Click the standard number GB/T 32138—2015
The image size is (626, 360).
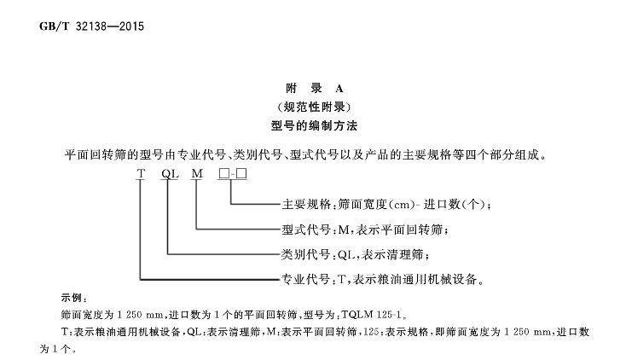[x=91, y=26]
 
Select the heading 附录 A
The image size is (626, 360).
[x=314, y=89]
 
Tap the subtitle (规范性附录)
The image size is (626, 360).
[x=314, y=107]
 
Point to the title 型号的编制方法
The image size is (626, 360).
[x=314, y=126]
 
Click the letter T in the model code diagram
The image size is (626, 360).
[x=141, y=174]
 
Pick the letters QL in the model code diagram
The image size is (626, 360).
[x=170, y=174]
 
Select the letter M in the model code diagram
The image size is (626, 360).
[x=197, y=174]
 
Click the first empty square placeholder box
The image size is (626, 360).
[x=224, y=174]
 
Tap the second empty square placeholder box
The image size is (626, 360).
[x=241, y=174]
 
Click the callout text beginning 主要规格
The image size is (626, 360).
[x=386, y=205]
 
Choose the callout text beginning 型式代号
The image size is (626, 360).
[x=365, y=229]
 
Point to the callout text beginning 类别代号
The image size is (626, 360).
[x=356, y=254]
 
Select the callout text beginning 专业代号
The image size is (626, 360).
[x=383, y=279]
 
